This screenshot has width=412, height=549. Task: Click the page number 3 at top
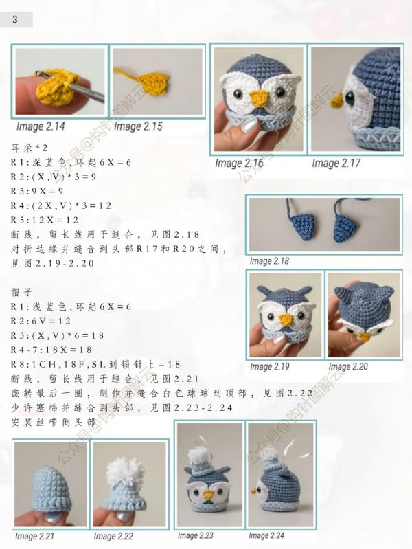(x=14, y=20)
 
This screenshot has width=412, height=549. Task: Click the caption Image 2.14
(x=41, y=126)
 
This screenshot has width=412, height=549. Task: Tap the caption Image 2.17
(x=336, y=163)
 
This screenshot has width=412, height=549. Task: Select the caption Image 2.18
(x=269, y=261)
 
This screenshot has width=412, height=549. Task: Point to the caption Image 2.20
(x=348, y=367)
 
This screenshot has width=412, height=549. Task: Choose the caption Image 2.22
(x=113, y=537)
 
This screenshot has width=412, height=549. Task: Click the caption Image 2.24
(x=266, y=535)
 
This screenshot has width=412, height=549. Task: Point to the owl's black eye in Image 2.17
(x=350, y=98)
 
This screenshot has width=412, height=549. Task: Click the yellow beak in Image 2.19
(x=286, y=320)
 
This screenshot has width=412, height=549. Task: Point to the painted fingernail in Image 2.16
(x=249, y=124)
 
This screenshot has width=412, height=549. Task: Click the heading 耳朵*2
(x=30, y=148)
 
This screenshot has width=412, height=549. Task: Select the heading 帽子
(x=22, y=292)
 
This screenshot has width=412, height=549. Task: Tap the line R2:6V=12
(x=41, y=321)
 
